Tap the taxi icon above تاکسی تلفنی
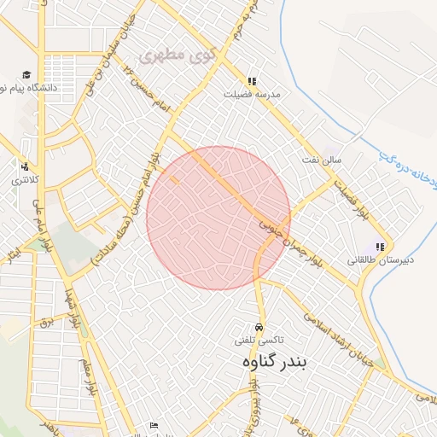coord(259,328)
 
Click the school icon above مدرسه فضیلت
coord(250,82)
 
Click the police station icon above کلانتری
coord(24,166)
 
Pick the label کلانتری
coord(18,180)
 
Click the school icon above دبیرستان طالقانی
coord(380,247)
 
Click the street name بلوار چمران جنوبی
coord(291,242)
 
